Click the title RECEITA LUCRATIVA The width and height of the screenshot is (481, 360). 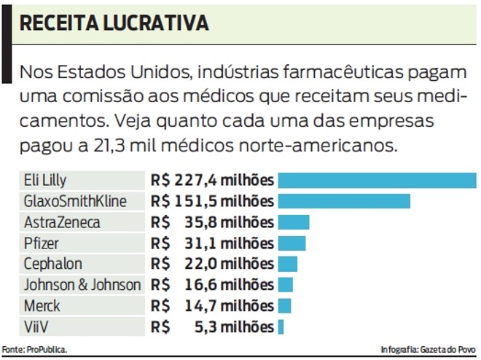coord(114,23)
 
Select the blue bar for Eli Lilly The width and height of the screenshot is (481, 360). coord(377,180)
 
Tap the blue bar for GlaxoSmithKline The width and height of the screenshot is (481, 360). coord(344,201)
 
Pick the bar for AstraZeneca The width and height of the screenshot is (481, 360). coord(294,222)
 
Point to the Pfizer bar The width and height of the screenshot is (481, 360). coord(292,243)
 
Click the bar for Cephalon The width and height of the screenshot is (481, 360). coord(288,264)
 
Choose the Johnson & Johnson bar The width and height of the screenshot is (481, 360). coord(286,285)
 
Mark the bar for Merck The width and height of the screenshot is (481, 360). coord(285,306)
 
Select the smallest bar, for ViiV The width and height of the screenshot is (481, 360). coord(281,327)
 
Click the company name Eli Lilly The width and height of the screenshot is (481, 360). coord(45,180)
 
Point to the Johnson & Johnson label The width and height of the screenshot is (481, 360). coord(82,285)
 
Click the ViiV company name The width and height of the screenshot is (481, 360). coord(36,327)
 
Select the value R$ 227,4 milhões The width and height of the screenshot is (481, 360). coord(212,180)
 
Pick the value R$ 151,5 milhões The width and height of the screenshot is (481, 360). coord(212,201)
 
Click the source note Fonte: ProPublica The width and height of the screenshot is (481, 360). coord(34,350)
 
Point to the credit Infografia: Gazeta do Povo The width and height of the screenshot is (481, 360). coord(427,350)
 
